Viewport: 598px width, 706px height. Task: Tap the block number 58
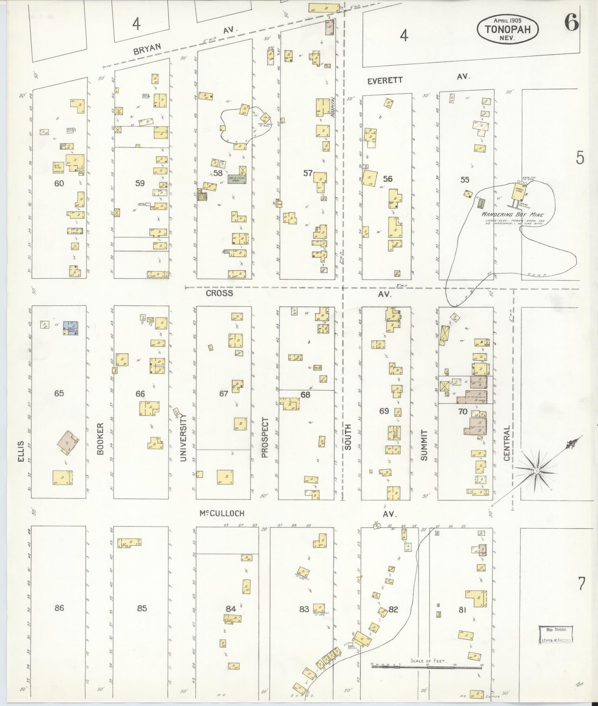pos(218,173)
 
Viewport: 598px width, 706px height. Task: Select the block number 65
pos(59,393)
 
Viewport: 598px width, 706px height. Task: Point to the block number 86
pos(59,608)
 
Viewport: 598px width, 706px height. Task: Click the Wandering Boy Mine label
pos(512,215)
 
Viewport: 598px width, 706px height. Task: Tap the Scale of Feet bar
pos(427,667)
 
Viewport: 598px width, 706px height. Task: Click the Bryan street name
pos(147,48)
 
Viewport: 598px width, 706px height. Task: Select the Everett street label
pos(384,80)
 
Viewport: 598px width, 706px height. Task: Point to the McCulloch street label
pos(222,513)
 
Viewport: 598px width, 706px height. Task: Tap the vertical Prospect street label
pos(265,438)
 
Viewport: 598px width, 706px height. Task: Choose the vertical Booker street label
pos(100,439)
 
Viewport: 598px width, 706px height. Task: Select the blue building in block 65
pos(70,328)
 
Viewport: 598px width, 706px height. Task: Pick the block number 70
pos(463,411)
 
